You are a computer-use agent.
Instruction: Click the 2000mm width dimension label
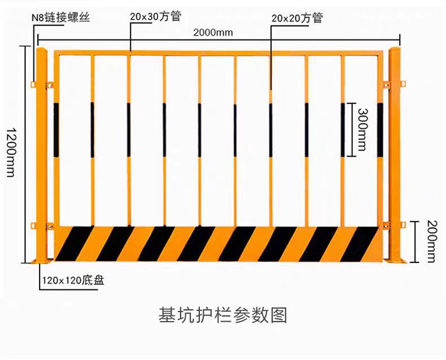tap(213, 32)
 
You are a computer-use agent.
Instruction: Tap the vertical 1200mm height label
tap(11, 152)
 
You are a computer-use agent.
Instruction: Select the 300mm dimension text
tap(362, 130)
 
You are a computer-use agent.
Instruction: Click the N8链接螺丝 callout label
tap(61, 17)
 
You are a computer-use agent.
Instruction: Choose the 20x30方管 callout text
tap(155, 16)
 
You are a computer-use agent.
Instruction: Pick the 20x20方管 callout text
tap(297, 18)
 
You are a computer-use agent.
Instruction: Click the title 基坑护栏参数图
tap(223, 314)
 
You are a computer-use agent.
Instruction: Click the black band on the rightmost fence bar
tap(380, 130)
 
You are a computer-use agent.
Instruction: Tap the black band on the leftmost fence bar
tap(56, 130)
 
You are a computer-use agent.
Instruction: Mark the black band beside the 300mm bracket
tap(343, 130)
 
